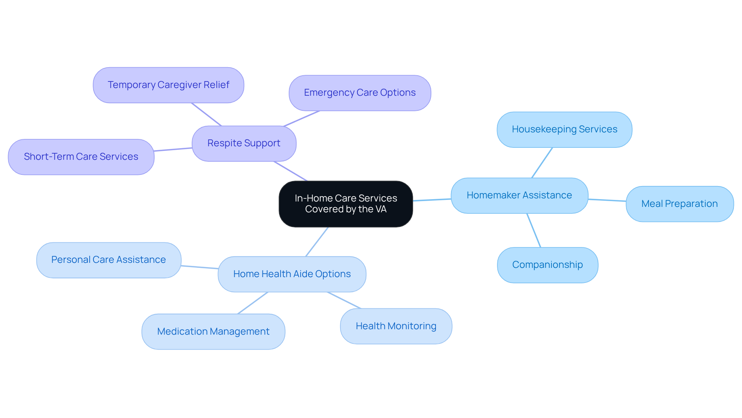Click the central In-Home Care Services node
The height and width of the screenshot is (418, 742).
pyautogui.click(x=345, y=204)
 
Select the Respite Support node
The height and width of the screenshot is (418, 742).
pyautogui.click(x=244, y=143)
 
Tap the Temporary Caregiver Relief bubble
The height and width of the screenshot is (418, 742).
pyautogui.click(x=168, y=85)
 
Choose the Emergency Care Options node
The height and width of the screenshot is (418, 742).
pyautogui.click(x=359, y=93)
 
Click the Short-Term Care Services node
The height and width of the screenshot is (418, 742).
pyautogui.click(x=81, y=157)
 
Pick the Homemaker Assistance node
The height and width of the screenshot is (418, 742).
pyautogui.click(x=519, y=195)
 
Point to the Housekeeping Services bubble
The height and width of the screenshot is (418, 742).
pyautogui.click(x=564, y=129)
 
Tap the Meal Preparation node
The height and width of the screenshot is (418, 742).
pyautogui.click(x=679, y=204)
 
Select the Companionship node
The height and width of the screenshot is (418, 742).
pyautogui.click(x=547, y=265)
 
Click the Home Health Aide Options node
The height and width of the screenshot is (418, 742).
pyautogui.click(x=292, y=274)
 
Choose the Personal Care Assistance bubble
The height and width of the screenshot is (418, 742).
pyautogui.click(x=108, y=260)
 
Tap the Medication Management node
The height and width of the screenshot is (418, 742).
pyautogui.click(x=213, y=332)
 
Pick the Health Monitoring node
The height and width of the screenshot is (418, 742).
pyautogui.click(x=396, y=326)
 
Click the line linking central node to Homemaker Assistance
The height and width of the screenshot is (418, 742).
pyautogui.click(x=432, y=200)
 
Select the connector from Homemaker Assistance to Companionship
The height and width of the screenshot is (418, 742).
pyautogui.click(x=534, y=230)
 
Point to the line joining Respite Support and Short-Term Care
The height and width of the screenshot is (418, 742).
pyautogui.click(x=173, y=149)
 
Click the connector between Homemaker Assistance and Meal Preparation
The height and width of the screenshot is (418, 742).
pyautogui.click(x=607, y=200)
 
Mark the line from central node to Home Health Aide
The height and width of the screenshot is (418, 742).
pyautogui.click(x=317, y=242)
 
